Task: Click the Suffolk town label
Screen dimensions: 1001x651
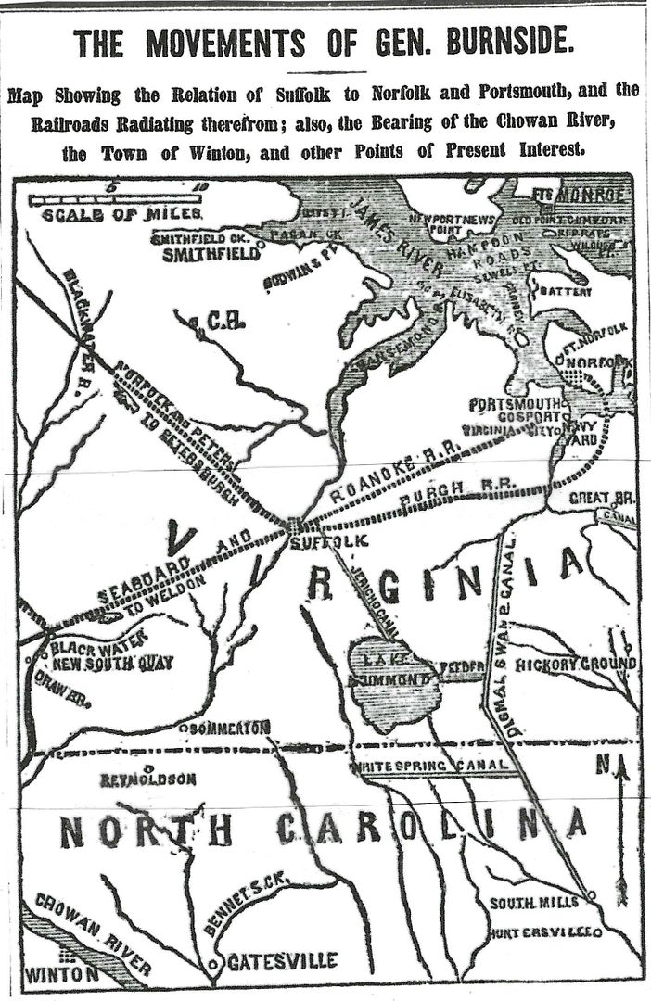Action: click(x=316, y=541)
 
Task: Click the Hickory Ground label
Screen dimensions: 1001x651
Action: click(x=576, y=665)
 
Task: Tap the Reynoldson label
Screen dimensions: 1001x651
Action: click(x=148, y=779)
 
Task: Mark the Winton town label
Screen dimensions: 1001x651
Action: click(x=61, y=974)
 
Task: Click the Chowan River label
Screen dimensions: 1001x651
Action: click(x=93, y=931)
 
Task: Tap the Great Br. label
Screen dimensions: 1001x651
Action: click(x=602, y=498)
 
